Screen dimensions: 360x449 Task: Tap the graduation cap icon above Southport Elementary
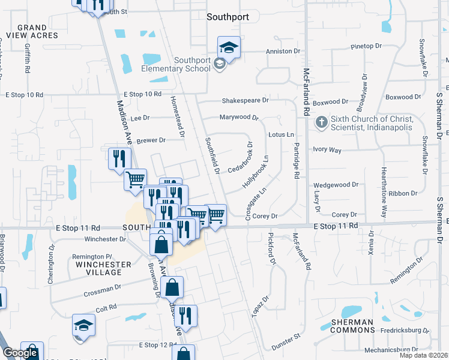coord(228,47)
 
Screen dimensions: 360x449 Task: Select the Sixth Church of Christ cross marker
coord(322,122)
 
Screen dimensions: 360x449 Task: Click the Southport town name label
coord(228,17)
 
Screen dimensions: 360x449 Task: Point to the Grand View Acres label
coord(32,31)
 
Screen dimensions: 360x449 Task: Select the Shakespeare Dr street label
coord(244,101)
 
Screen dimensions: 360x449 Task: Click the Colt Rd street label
coord(105,307)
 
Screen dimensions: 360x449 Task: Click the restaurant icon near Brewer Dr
coord(119,158)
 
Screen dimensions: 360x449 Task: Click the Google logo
coord(20,353)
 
